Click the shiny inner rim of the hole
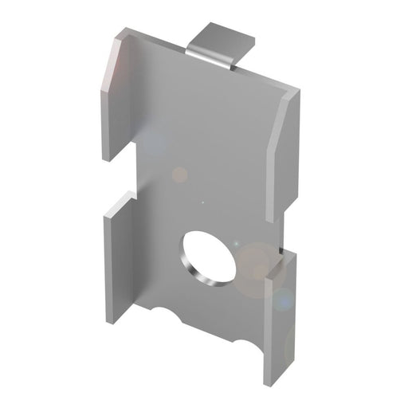tap(191, 267)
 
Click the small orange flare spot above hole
tap(180, 174)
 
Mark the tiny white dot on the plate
tap(202, 201)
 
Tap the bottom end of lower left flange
tap(111, 320)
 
